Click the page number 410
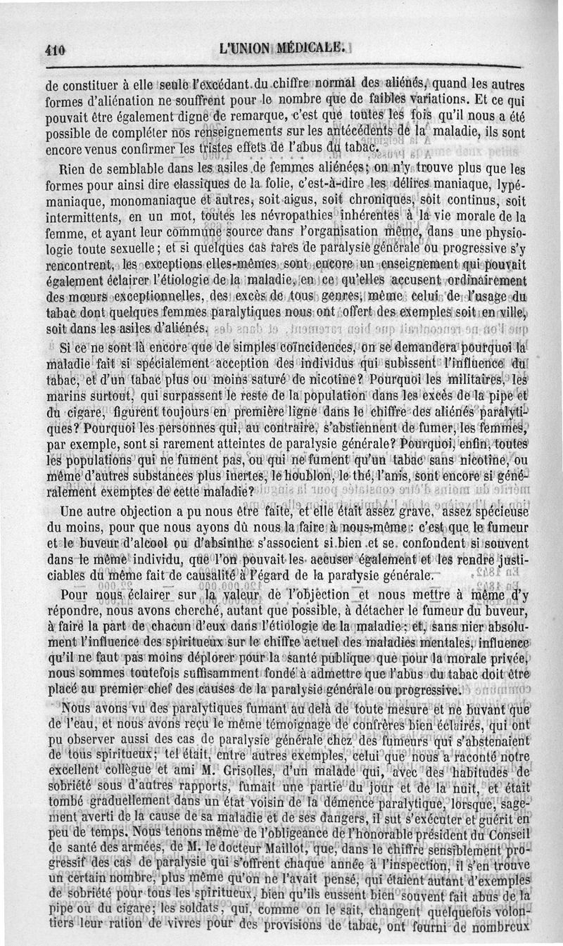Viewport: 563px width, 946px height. click(x=54, y=51)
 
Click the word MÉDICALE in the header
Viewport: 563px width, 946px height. click(x=310, y=49)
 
